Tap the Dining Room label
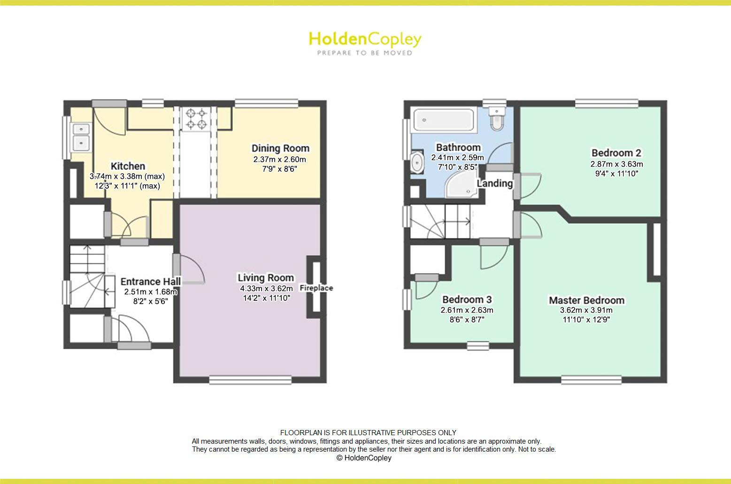tap(280, 148)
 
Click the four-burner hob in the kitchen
tap(196, 119)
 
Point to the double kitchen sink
tap(81, 137)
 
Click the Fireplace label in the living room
tap(316, 288)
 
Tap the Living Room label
tap(266, 278)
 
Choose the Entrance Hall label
tap(150, 281)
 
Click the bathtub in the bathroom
tap(444, 120)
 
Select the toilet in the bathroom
tap(497, 119)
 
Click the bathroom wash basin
tap(417, 162)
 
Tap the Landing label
tap(495, 184)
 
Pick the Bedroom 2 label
tap(616, 153)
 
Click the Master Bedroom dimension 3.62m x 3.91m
tap(586, 310)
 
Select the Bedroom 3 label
tap(467, 300)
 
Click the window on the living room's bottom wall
tap(250, 380)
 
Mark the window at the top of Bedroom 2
tap(607, 103)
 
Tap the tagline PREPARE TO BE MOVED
tap(365, 53)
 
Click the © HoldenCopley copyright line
tap(364, 458)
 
